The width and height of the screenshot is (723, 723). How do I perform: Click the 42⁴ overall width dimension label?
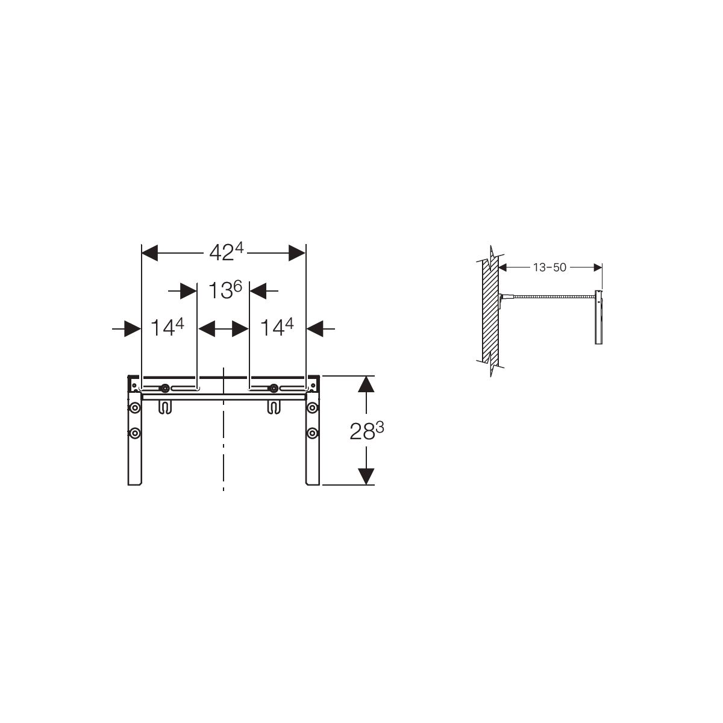[x=227, y=252]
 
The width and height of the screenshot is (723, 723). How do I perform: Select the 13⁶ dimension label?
[x=225, y=290]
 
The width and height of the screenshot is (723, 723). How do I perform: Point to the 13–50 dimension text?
[x=549, y=268]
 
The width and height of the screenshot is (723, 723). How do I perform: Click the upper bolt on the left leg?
[x=135, y=407]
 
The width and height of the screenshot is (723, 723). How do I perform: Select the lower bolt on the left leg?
[x=135, y=433]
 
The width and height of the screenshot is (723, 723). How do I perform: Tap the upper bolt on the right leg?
[x=312, y=407]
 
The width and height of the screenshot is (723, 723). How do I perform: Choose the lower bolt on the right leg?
[x=312, y=433]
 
